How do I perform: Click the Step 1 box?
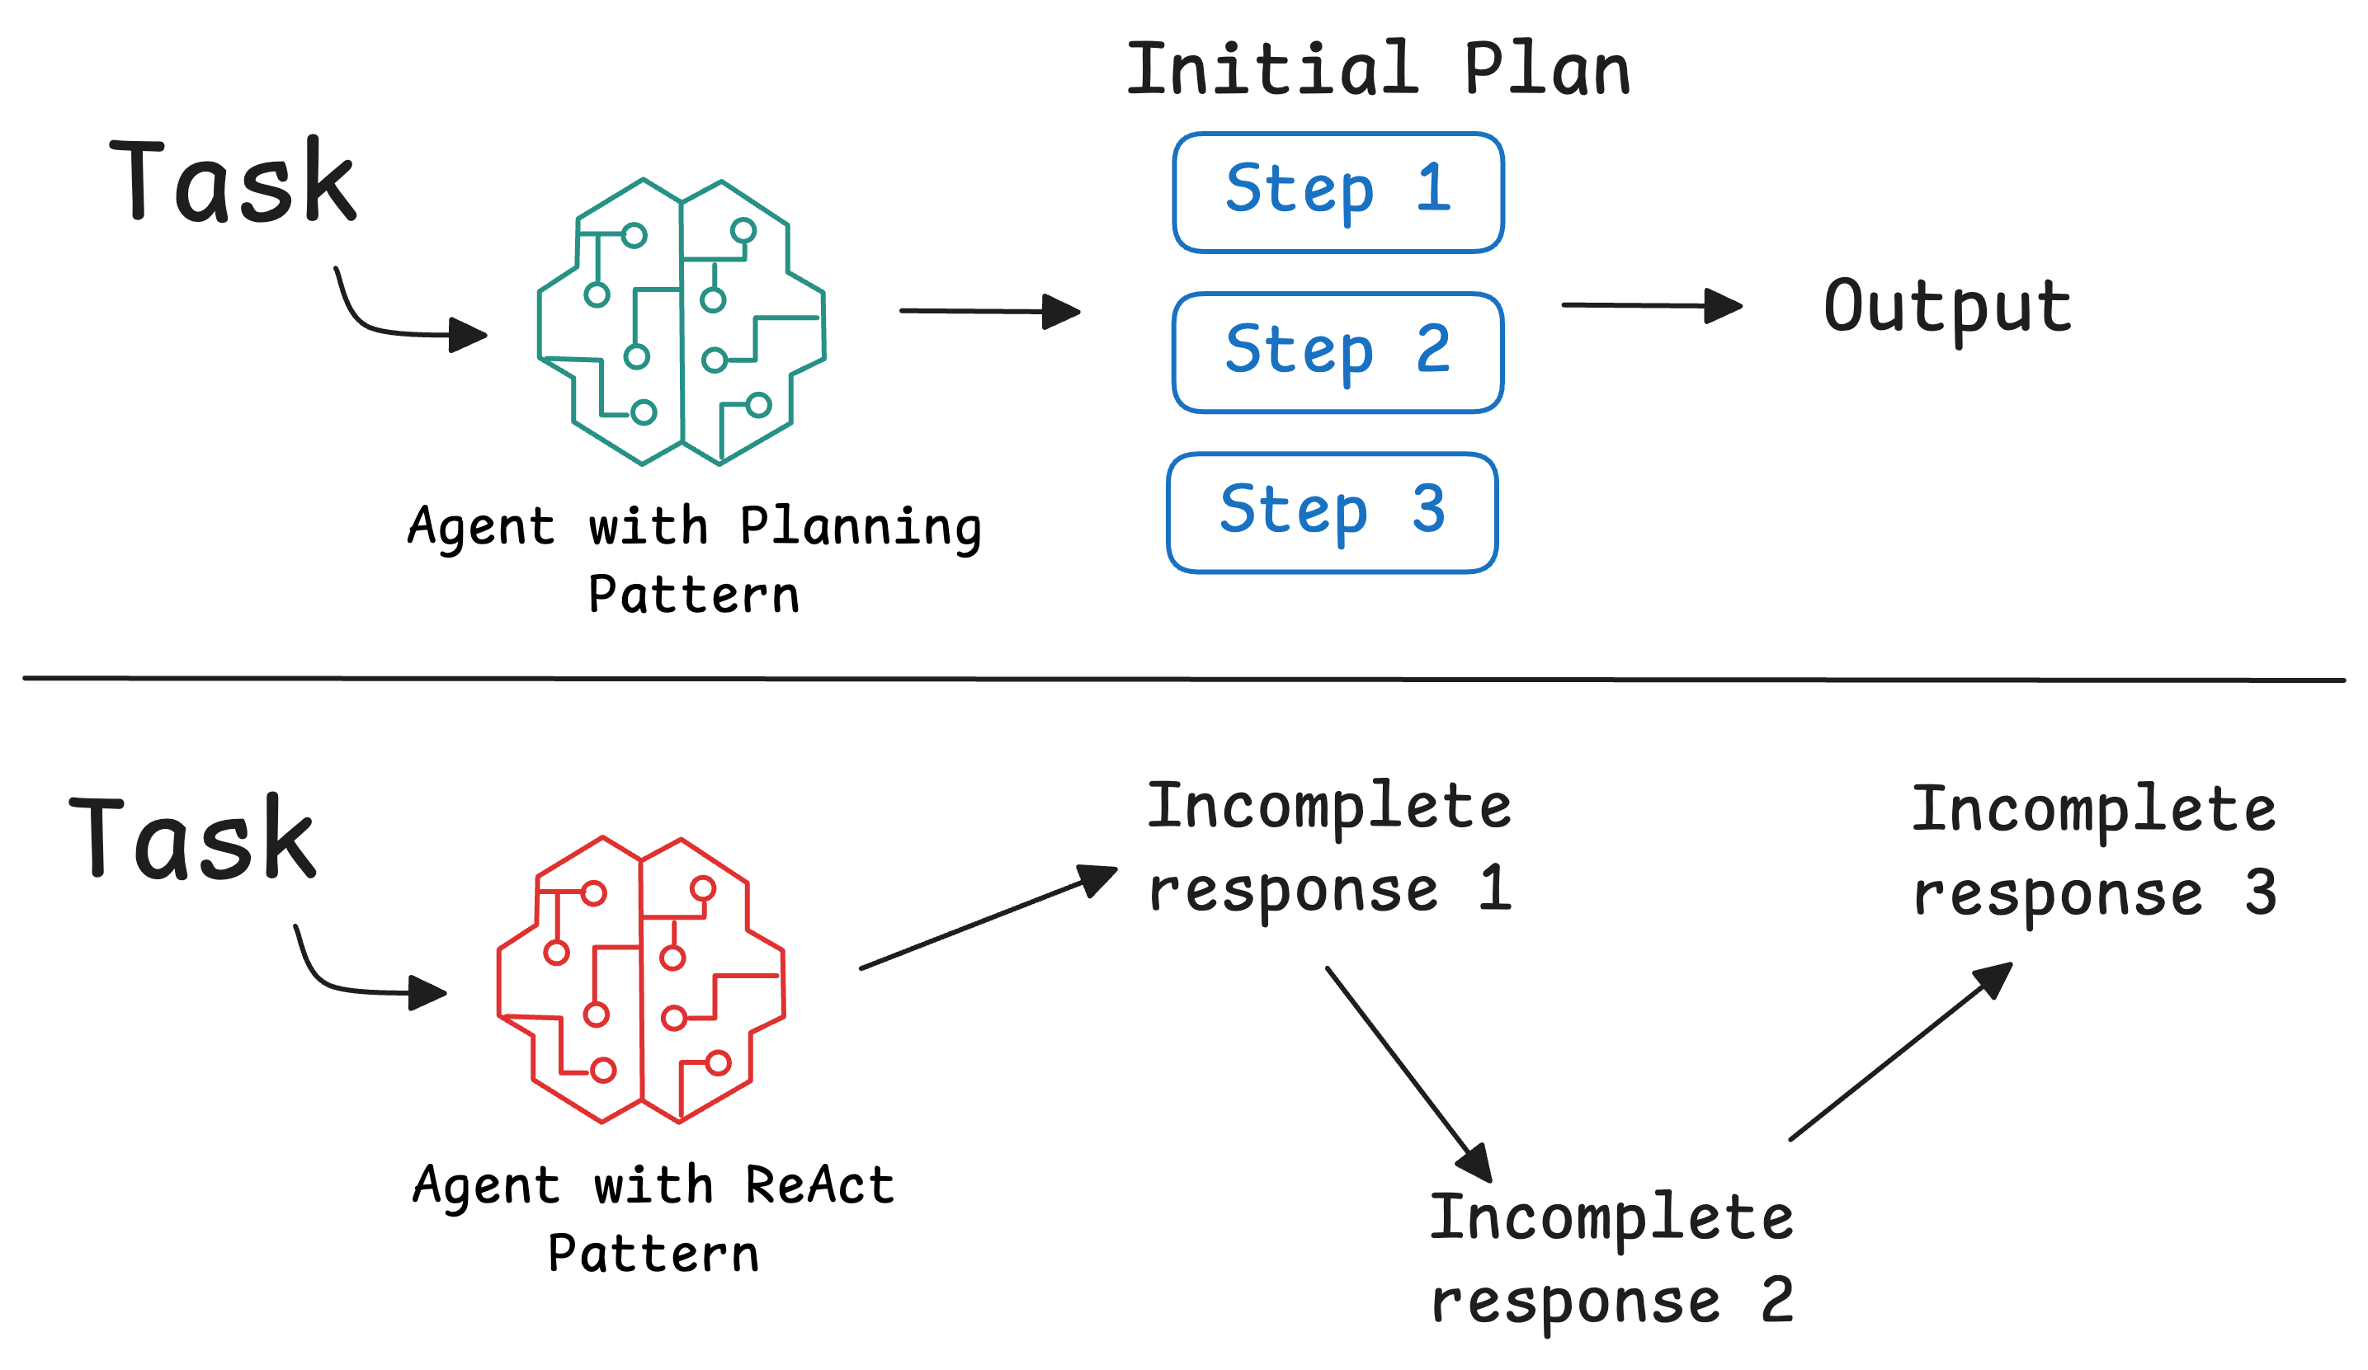coord(1338,193)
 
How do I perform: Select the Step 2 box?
coord(1338,352)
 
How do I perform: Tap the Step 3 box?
coord(1333,513)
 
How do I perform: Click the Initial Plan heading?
coord(1378,70)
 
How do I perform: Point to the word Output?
coord(1947,308)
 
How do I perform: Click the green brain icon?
coord(682,322)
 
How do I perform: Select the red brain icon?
coord(641,980)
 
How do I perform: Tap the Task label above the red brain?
coord(192,838)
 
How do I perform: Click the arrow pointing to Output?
coord(1650,305)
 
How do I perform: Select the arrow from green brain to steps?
coord(988,311)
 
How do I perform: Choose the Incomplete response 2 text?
coord(1611,1257)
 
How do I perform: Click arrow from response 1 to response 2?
coord(1407,1071)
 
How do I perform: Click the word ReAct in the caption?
coord(818,1185)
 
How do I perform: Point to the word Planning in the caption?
coord(860,526)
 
